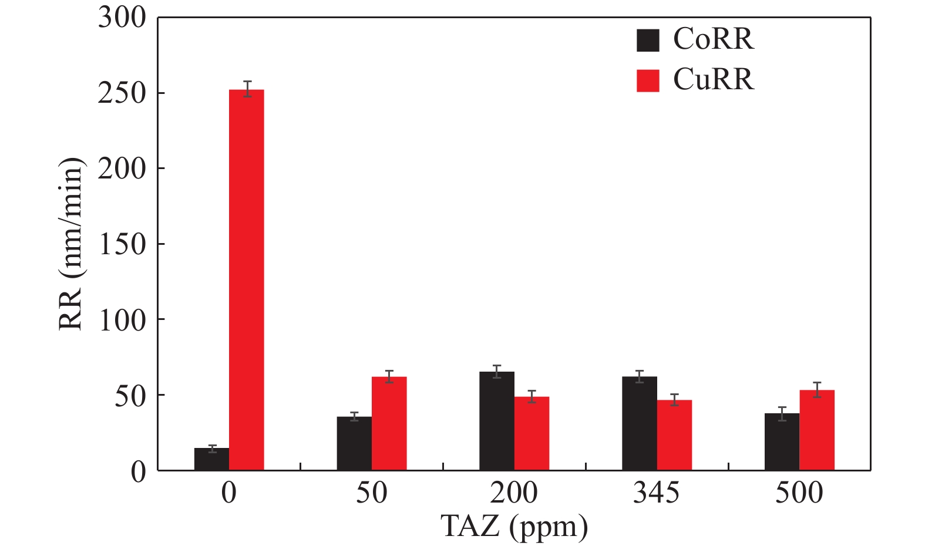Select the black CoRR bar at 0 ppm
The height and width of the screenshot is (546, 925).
click(211, 459)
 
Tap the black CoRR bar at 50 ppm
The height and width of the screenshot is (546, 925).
click(354, 443)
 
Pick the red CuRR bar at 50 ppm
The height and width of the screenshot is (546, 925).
click(389, 423)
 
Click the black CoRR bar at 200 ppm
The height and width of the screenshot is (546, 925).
click(497, 421)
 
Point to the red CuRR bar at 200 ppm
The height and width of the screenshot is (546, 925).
click(532, 433)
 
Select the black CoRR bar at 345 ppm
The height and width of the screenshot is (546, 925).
click(640, 423)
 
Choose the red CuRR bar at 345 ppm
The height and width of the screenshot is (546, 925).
click(674, 435)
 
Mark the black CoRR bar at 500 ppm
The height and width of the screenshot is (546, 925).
click(782, 441)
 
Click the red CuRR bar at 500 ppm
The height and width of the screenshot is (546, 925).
click(817, 430)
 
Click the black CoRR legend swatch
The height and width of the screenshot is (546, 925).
click(648, 40)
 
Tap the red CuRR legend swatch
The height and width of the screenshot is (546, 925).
click(648, 80)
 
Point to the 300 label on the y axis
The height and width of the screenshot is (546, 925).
click(122, 18)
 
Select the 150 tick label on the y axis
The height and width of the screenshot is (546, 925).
click(122, 244)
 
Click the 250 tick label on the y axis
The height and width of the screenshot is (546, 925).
click(122, 93)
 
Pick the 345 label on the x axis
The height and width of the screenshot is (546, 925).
click(657, 493)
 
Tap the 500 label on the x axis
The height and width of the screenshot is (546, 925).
click(799, 493)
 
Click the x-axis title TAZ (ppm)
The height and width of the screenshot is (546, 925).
click(514, 526)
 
